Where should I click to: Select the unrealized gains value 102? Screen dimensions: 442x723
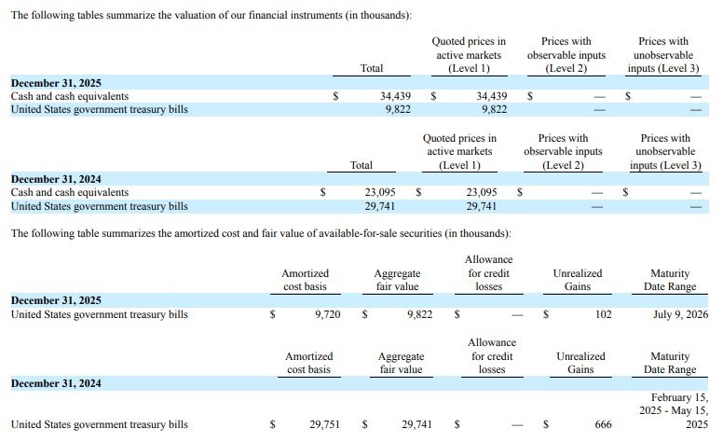[603, 315]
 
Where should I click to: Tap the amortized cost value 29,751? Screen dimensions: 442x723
[325, 424]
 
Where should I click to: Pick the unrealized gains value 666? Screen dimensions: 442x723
[603, 424]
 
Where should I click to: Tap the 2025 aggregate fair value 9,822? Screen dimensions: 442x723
[419, 315]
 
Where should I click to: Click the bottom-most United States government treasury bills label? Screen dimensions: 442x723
[99, 424]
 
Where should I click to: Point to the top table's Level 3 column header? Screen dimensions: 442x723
[664, 54]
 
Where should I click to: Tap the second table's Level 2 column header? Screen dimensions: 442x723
[563, 152]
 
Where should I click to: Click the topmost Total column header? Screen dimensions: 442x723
[372, 68]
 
